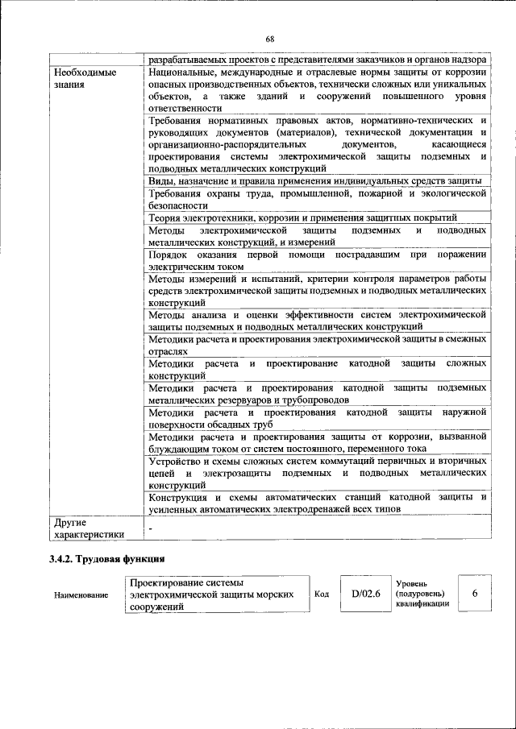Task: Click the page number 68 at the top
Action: pyautogui.click(x=269, y=39)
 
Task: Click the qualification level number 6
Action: pyautogui.click(x=475, y=593)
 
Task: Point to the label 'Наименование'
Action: pyautogui.click(x=81, y=594)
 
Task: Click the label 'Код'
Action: pyautogui.click(x=321, y=594)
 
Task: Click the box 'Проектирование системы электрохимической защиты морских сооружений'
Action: pyautogui.click(x=215, y=594)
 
